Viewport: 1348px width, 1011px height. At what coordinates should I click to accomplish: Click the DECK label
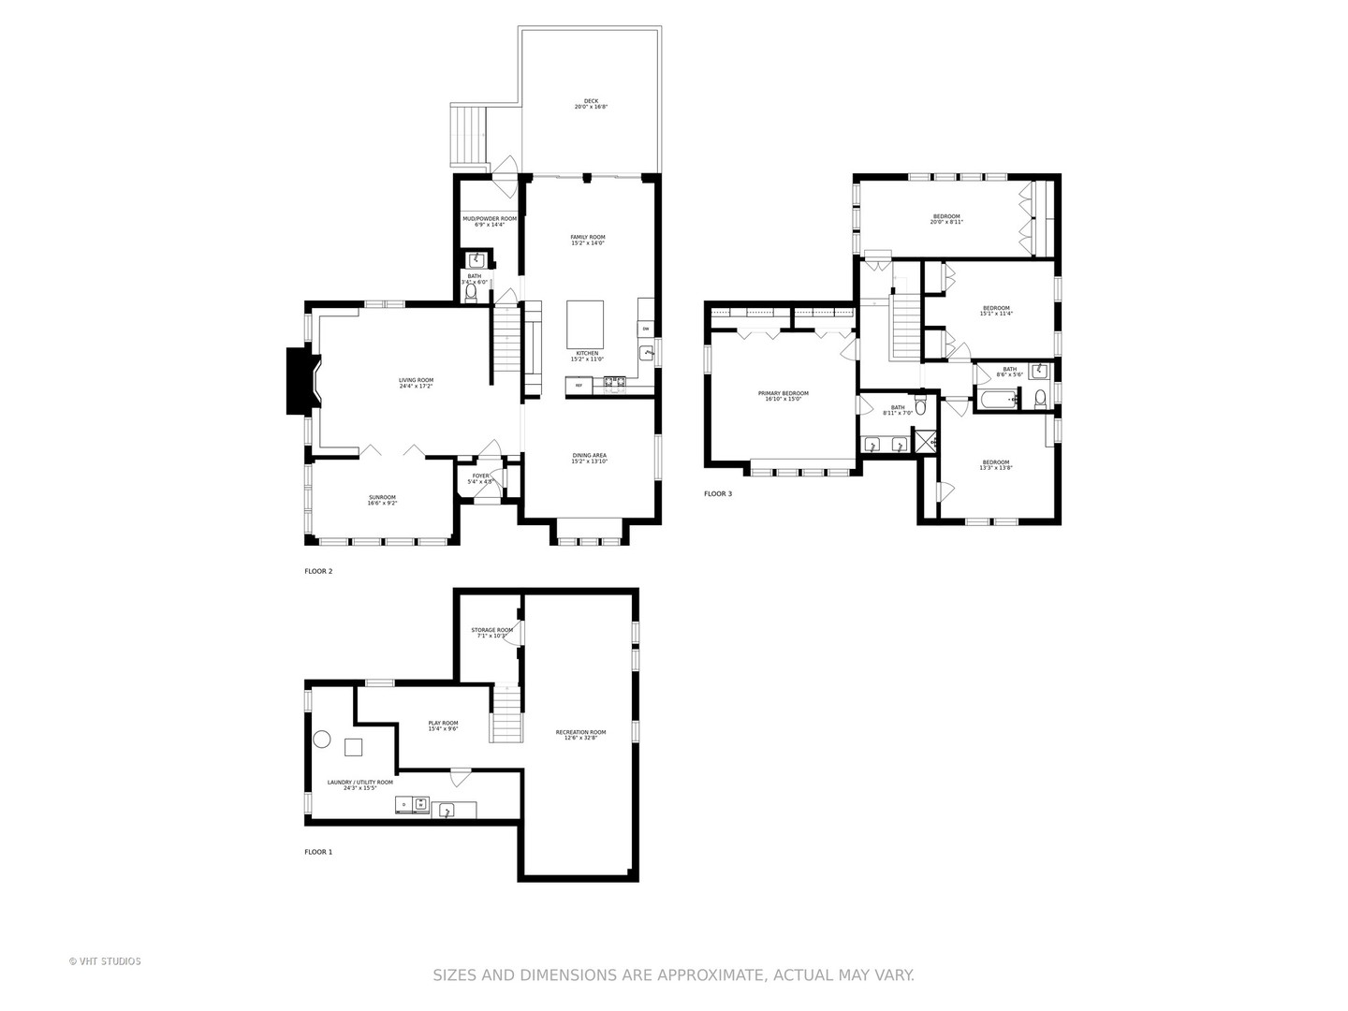pyautogui.click(x=591, y=104)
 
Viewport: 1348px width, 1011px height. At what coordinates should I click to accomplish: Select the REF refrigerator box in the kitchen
pyautogui.click(x=579, y=385)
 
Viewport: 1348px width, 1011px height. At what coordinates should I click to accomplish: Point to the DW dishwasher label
pyautogui.click(x=645, y=329)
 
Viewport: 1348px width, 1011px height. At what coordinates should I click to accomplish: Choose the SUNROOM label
pyautogui.click(x=382, y=500)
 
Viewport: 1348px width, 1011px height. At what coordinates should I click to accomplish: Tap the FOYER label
pyautogui.click(x=480, y=478)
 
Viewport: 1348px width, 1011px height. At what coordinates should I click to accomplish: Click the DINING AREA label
pyautogui.click(x=590, y=458)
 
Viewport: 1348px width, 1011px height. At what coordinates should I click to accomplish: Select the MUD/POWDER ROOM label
pyautogui.click(x=490, y=221)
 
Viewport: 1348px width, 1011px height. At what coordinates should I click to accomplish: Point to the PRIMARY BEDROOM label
pyautogui.click(x=783, y=396)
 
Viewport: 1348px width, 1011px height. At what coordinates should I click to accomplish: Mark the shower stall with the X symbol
pyautogui.click(x=925, y=441)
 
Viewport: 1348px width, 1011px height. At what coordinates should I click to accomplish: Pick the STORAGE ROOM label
pyautogui.click(x=491, y=633)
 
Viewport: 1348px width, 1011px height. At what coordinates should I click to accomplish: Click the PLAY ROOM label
pyautogui.click(x=443, y=725)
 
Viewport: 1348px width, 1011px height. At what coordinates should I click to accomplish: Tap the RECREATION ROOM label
pyautogui.click(x=580, y=735)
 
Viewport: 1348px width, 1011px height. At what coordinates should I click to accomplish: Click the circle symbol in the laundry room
pyautogui.click(x=321, y=740)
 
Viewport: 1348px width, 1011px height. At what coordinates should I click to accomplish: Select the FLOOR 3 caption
pyautogui.click(x=718, y=493)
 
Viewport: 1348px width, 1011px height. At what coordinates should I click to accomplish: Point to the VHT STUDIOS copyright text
pyautogui.click(x=105, y=961)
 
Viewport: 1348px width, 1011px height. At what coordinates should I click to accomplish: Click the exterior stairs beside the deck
pyautogui.click(x=470, y=135)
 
